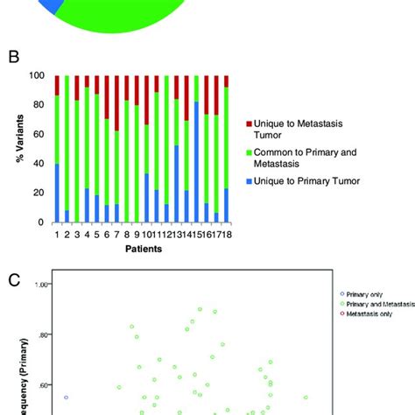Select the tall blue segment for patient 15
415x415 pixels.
[196, 162]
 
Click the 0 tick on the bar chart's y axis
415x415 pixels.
[43, 222]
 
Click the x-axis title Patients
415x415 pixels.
[141, 250]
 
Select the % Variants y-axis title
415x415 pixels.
[15, 149]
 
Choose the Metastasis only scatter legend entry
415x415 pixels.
[368, 312]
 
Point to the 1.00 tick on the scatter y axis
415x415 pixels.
[40, 285]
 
